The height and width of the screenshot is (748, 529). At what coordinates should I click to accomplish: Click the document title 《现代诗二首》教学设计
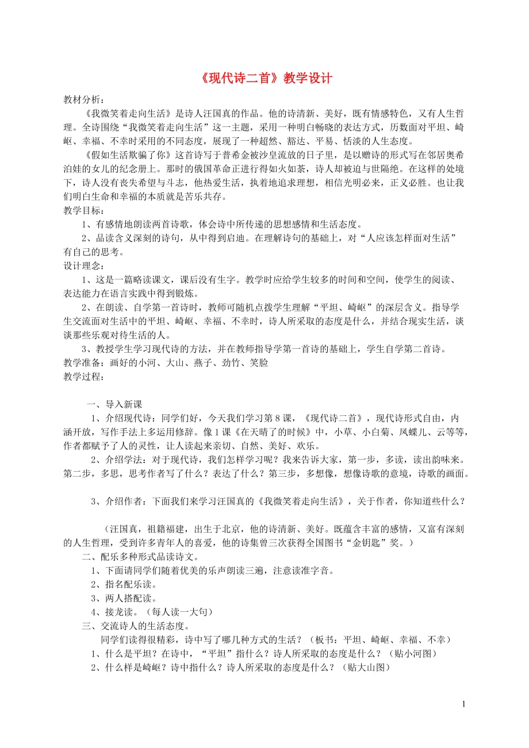tap(264, 78)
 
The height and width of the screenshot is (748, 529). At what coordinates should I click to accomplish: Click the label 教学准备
tap(83, 363)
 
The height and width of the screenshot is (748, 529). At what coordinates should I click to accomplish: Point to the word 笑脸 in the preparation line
tap(258, 363)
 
